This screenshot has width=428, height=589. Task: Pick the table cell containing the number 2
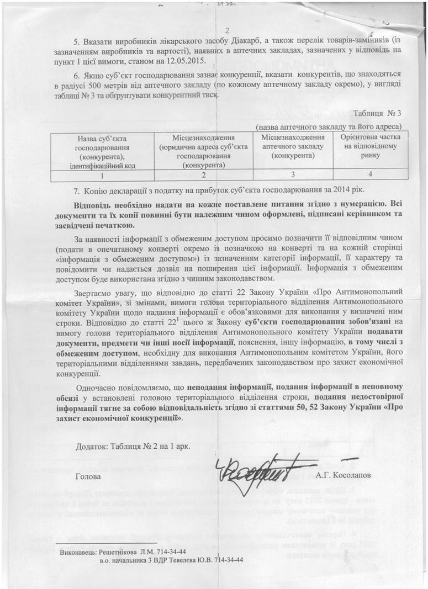point(203,175)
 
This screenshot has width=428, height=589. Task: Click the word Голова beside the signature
point(88,475)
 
